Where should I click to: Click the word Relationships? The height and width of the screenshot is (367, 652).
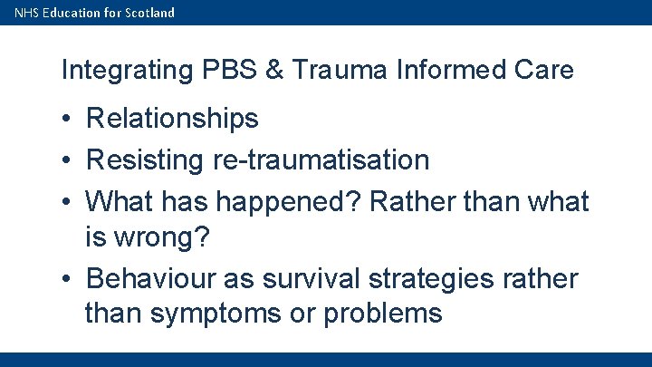click(172, 119)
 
